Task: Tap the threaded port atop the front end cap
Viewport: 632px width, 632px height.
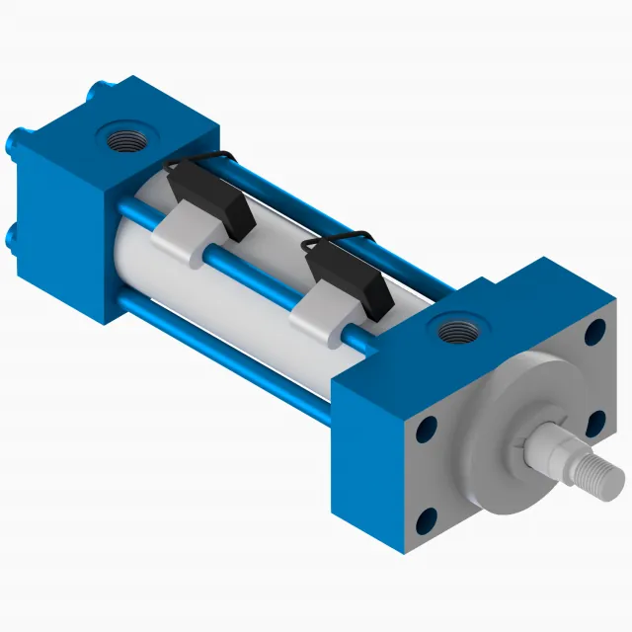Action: pyautogui.click(x=455, y=326)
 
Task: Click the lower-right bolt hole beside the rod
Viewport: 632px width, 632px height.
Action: pyautogui.click(x=595, y=423)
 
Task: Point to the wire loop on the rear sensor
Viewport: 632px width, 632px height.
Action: pyautogui.click(x=202, y=158)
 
